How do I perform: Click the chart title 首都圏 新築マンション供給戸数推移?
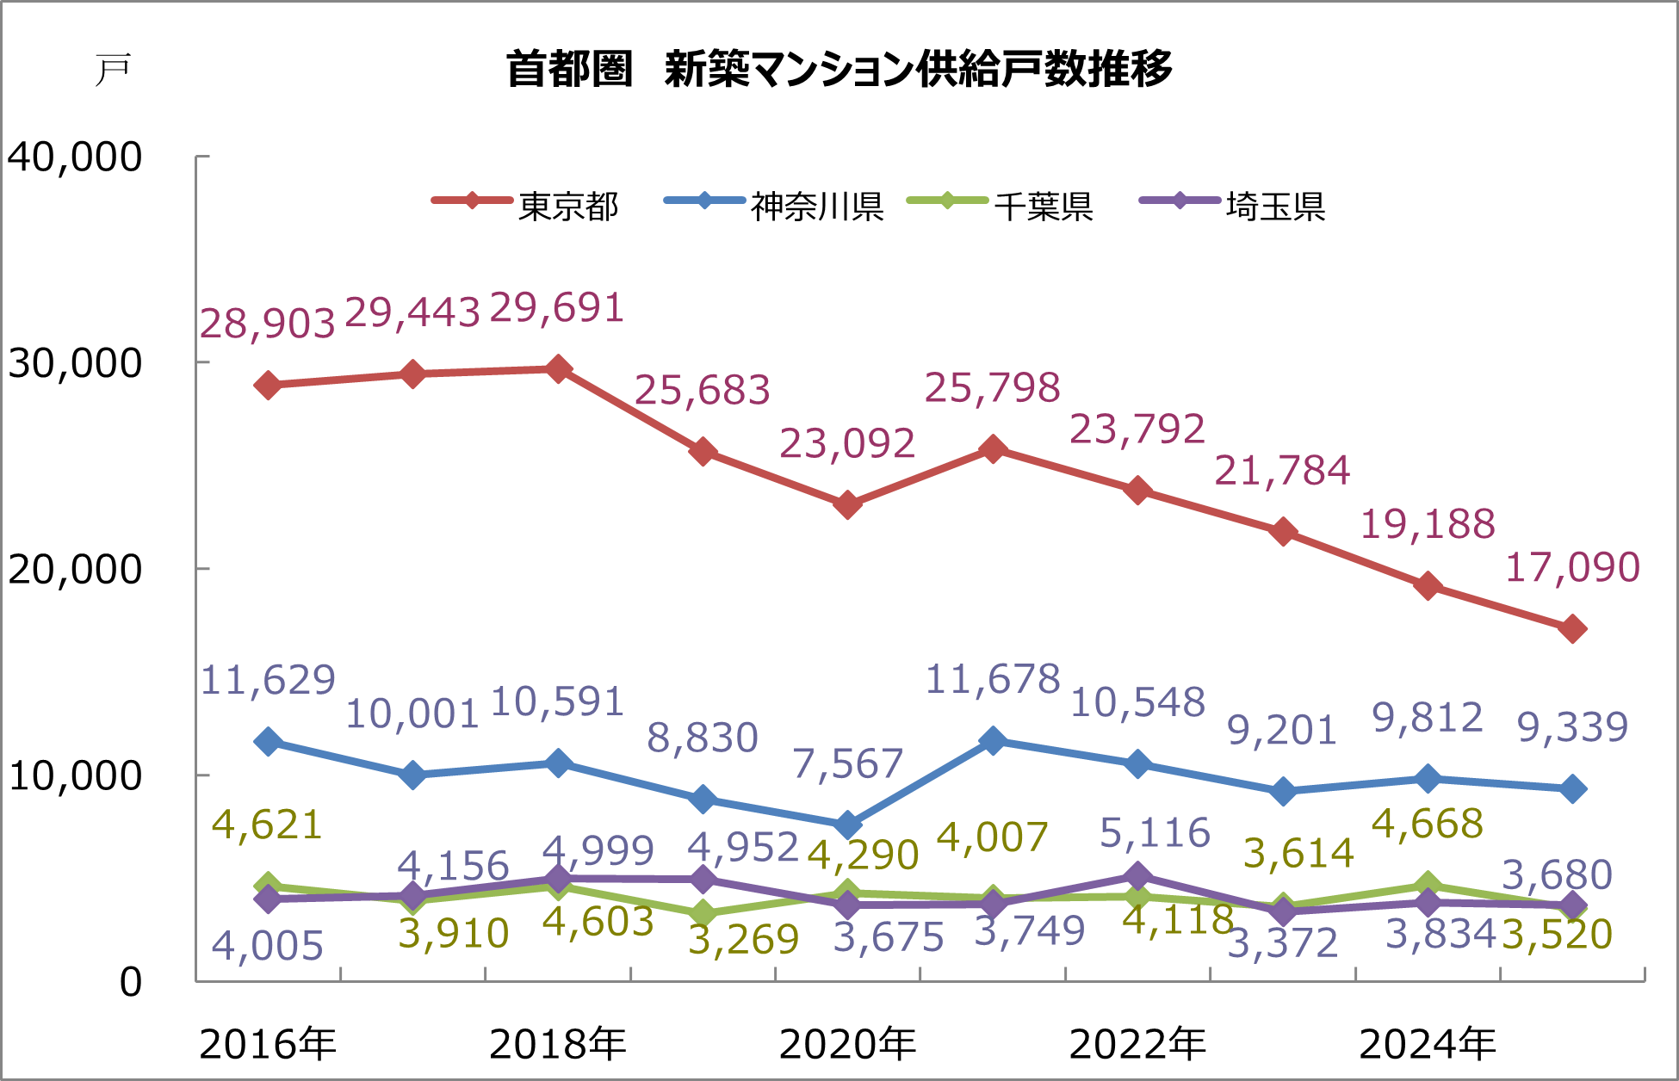(x=839, y=69)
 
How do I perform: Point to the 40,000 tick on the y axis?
(x=75, y=158)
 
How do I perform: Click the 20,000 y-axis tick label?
(x=75, y=570)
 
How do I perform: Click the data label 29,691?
(x=557, y=308)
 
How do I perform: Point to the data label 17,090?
(x=1572, y=568)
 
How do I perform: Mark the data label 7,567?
(x=847, y=763)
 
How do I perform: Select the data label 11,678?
(x=993, y=680)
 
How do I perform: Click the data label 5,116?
(x=1155, y=833)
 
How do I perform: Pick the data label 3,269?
(x=744, y=940)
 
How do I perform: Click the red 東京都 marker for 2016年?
(x=268, y=385)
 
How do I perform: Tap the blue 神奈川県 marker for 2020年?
(x=848, y=825)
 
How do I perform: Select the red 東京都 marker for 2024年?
(x=1428, y=586)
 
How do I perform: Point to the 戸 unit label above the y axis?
(x=113, y=70)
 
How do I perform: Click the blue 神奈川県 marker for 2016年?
(x=268, y=741)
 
